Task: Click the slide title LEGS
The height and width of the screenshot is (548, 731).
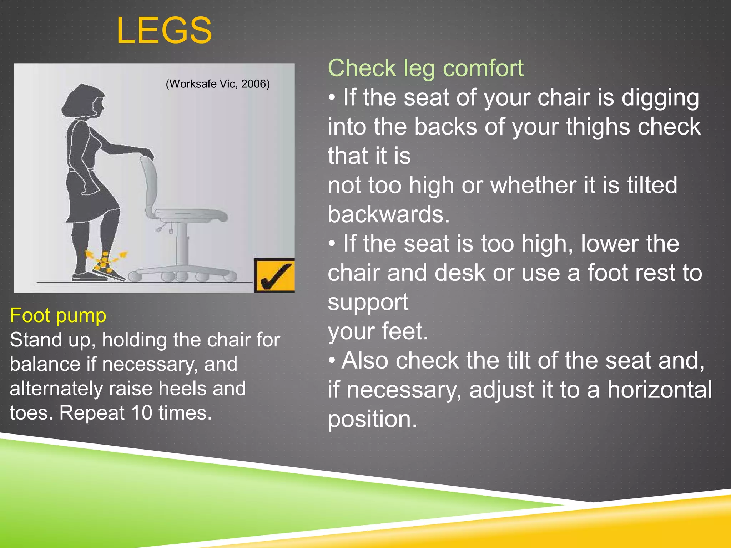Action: tap(164, 31)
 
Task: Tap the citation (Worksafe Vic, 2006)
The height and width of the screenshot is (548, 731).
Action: tap(218, 84)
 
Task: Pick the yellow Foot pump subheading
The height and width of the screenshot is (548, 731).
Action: tap(58, 316)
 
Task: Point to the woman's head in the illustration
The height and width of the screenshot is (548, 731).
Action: tap(84, 101)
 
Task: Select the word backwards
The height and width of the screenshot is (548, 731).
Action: tap(388, 214)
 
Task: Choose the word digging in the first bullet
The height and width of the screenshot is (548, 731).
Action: tap(660, 98)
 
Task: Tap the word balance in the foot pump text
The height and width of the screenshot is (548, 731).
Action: tap(45, 364)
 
